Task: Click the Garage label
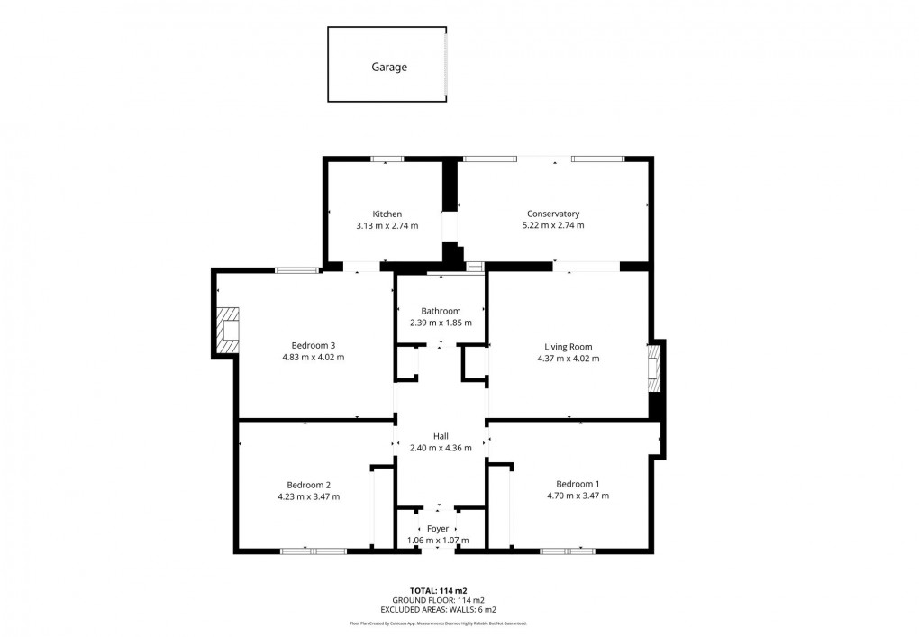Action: click(x=389, y=67)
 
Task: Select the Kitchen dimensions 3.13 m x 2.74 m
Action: click(x=387, y=225)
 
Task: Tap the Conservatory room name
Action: click(x=552, y=214)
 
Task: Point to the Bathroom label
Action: click(x=441, y=311)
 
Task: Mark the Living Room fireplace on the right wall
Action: click(x=654, y=370)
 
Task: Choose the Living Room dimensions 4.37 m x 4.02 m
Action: click(x=568, y=358)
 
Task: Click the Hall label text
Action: click(x=441, y=436)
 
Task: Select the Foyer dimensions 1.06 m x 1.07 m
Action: click(x=438, y=541)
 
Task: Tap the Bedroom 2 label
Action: click(x=309, y=484)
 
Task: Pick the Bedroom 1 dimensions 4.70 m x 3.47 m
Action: click(x=578, y=496)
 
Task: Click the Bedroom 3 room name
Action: click(x=313, y=345)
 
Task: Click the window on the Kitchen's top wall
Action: click(x=387, y=160)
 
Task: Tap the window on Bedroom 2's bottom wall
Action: click(x=313, y=551)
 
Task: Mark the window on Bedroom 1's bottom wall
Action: click(x=568, y=551)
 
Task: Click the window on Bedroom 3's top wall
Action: click(x=296, y=269)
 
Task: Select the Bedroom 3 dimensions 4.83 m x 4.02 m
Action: click(x=313, y=358)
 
